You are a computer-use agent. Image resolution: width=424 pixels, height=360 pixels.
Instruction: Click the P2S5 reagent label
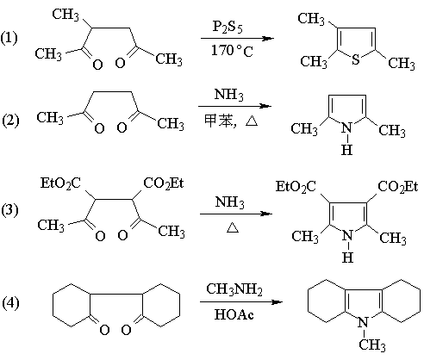point(228,27)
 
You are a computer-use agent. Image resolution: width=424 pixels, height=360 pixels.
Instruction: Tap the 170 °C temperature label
point(232,51)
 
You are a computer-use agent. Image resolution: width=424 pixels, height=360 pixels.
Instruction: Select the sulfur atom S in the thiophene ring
point(356,59)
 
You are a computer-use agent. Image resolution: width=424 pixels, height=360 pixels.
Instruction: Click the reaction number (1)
point(9,38)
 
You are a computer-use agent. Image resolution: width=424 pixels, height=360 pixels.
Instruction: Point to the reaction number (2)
point(10,121)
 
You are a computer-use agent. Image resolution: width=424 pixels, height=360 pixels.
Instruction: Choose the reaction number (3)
point(9,210)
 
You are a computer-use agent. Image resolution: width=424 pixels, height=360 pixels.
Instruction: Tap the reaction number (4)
point(10,303)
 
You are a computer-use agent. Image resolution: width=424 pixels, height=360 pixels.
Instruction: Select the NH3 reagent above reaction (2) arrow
point(229,94)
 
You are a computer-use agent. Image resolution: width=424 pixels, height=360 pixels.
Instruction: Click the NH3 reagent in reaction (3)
point(230,202)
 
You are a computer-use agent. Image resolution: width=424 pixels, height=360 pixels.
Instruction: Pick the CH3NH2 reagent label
point(234,289)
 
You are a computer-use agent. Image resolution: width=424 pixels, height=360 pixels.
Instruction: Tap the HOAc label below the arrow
point(234,314)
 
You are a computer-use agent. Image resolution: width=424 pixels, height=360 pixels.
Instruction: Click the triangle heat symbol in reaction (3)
point(233,227)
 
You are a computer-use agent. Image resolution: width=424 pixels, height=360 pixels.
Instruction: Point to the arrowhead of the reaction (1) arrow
point(269,38)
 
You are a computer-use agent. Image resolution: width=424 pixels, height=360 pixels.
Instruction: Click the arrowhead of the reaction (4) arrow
point(277,302)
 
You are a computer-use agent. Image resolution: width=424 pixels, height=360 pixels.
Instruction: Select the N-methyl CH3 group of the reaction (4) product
point(372,344)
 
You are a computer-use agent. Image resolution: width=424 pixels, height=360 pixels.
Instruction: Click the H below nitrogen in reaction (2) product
point(346,150)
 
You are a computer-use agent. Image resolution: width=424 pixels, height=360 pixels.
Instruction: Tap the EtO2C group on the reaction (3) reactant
point(60,183)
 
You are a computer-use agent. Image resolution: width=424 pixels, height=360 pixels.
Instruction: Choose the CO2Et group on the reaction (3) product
point(398,187)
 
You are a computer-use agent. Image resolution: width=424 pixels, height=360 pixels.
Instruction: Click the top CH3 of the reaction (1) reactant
point(65,15)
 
